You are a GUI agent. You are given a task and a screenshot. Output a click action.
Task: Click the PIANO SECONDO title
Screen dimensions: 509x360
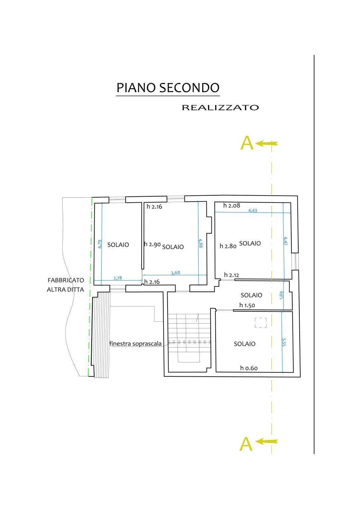(x=168, y=88)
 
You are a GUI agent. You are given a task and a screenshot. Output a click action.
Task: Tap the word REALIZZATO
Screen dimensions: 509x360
(x=220, y=107)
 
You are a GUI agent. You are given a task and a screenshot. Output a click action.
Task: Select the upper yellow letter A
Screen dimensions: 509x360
(x=247, y=143)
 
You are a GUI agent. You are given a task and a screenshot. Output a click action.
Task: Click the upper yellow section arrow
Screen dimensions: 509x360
(x=267, y=144)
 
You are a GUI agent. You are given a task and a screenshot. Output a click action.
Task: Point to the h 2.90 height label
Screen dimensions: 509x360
(x=153, y=244)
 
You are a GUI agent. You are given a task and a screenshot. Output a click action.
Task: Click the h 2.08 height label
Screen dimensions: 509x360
(x=232, y=206)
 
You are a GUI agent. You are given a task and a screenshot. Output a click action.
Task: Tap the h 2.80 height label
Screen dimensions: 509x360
(x=228, y=246)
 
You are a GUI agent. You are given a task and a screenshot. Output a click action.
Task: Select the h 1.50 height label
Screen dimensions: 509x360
(x=247, y=305)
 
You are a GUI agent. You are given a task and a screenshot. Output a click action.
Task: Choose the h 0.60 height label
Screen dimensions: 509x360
(x=249, y=368)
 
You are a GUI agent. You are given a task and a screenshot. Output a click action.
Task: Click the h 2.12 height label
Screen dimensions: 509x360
(x=232, y=275)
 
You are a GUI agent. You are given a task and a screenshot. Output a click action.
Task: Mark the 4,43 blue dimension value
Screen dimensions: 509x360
(x=253, y=210)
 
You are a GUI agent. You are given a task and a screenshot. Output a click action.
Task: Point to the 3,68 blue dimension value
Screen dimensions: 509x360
(x=175, y=273)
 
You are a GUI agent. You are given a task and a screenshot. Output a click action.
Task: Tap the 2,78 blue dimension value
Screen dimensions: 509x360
(x=118, y=278)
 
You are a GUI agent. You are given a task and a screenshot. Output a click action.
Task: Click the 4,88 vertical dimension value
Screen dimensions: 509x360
(x=200, y=243)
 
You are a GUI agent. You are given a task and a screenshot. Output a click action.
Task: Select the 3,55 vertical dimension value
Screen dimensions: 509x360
(x=284, y=342)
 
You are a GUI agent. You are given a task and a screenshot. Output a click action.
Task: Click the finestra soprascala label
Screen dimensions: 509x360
(x=135, y=344)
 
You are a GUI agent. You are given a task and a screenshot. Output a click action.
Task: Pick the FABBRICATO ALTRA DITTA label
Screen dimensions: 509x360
(x=65, y=285)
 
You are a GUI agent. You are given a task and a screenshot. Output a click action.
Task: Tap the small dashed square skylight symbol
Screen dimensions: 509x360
(x=261, y=323)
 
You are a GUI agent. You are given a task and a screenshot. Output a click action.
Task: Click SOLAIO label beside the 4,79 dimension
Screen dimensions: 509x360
(x=118, y=245)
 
